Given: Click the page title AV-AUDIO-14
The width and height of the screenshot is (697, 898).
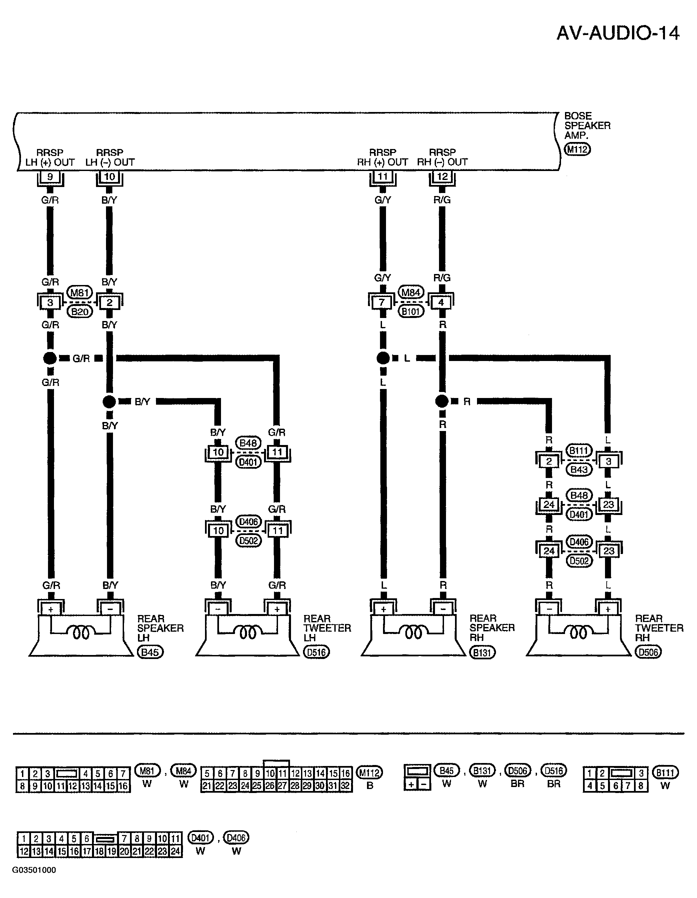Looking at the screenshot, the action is pos(618,33).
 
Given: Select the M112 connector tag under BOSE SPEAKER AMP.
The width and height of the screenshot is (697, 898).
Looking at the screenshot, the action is pos(577,149).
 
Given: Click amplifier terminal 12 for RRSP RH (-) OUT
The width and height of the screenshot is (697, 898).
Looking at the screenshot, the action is pos(442,177).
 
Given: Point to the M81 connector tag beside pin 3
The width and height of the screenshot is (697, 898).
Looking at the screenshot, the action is pos(80,293).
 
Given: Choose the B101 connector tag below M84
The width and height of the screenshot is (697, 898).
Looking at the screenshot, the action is pos(411,312).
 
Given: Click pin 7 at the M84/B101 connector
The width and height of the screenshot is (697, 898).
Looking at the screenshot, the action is pos(382,303).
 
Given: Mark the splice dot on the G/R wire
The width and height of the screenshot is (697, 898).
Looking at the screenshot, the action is pos(50,358).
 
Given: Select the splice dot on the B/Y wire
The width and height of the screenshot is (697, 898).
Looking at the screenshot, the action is pos(109,402).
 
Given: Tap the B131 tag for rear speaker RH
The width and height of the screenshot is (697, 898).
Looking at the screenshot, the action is pos(482,653).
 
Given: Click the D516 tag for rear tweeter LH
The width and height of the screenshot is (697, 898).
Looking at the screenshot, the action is pos(317,653).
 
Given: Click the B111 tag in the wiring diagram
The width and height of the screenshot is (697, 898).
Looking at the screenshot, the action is pos(579,450).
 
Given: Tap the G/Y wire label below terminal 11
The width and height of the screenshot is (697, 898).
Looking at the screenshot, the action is pos(382,200).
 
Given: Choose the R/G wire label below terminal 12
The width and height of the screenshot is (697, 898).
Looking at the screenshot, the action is pos(442,200).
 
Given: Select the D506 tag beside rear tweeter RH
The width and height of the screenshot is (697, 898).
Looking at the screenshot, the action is pos(648,653).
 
